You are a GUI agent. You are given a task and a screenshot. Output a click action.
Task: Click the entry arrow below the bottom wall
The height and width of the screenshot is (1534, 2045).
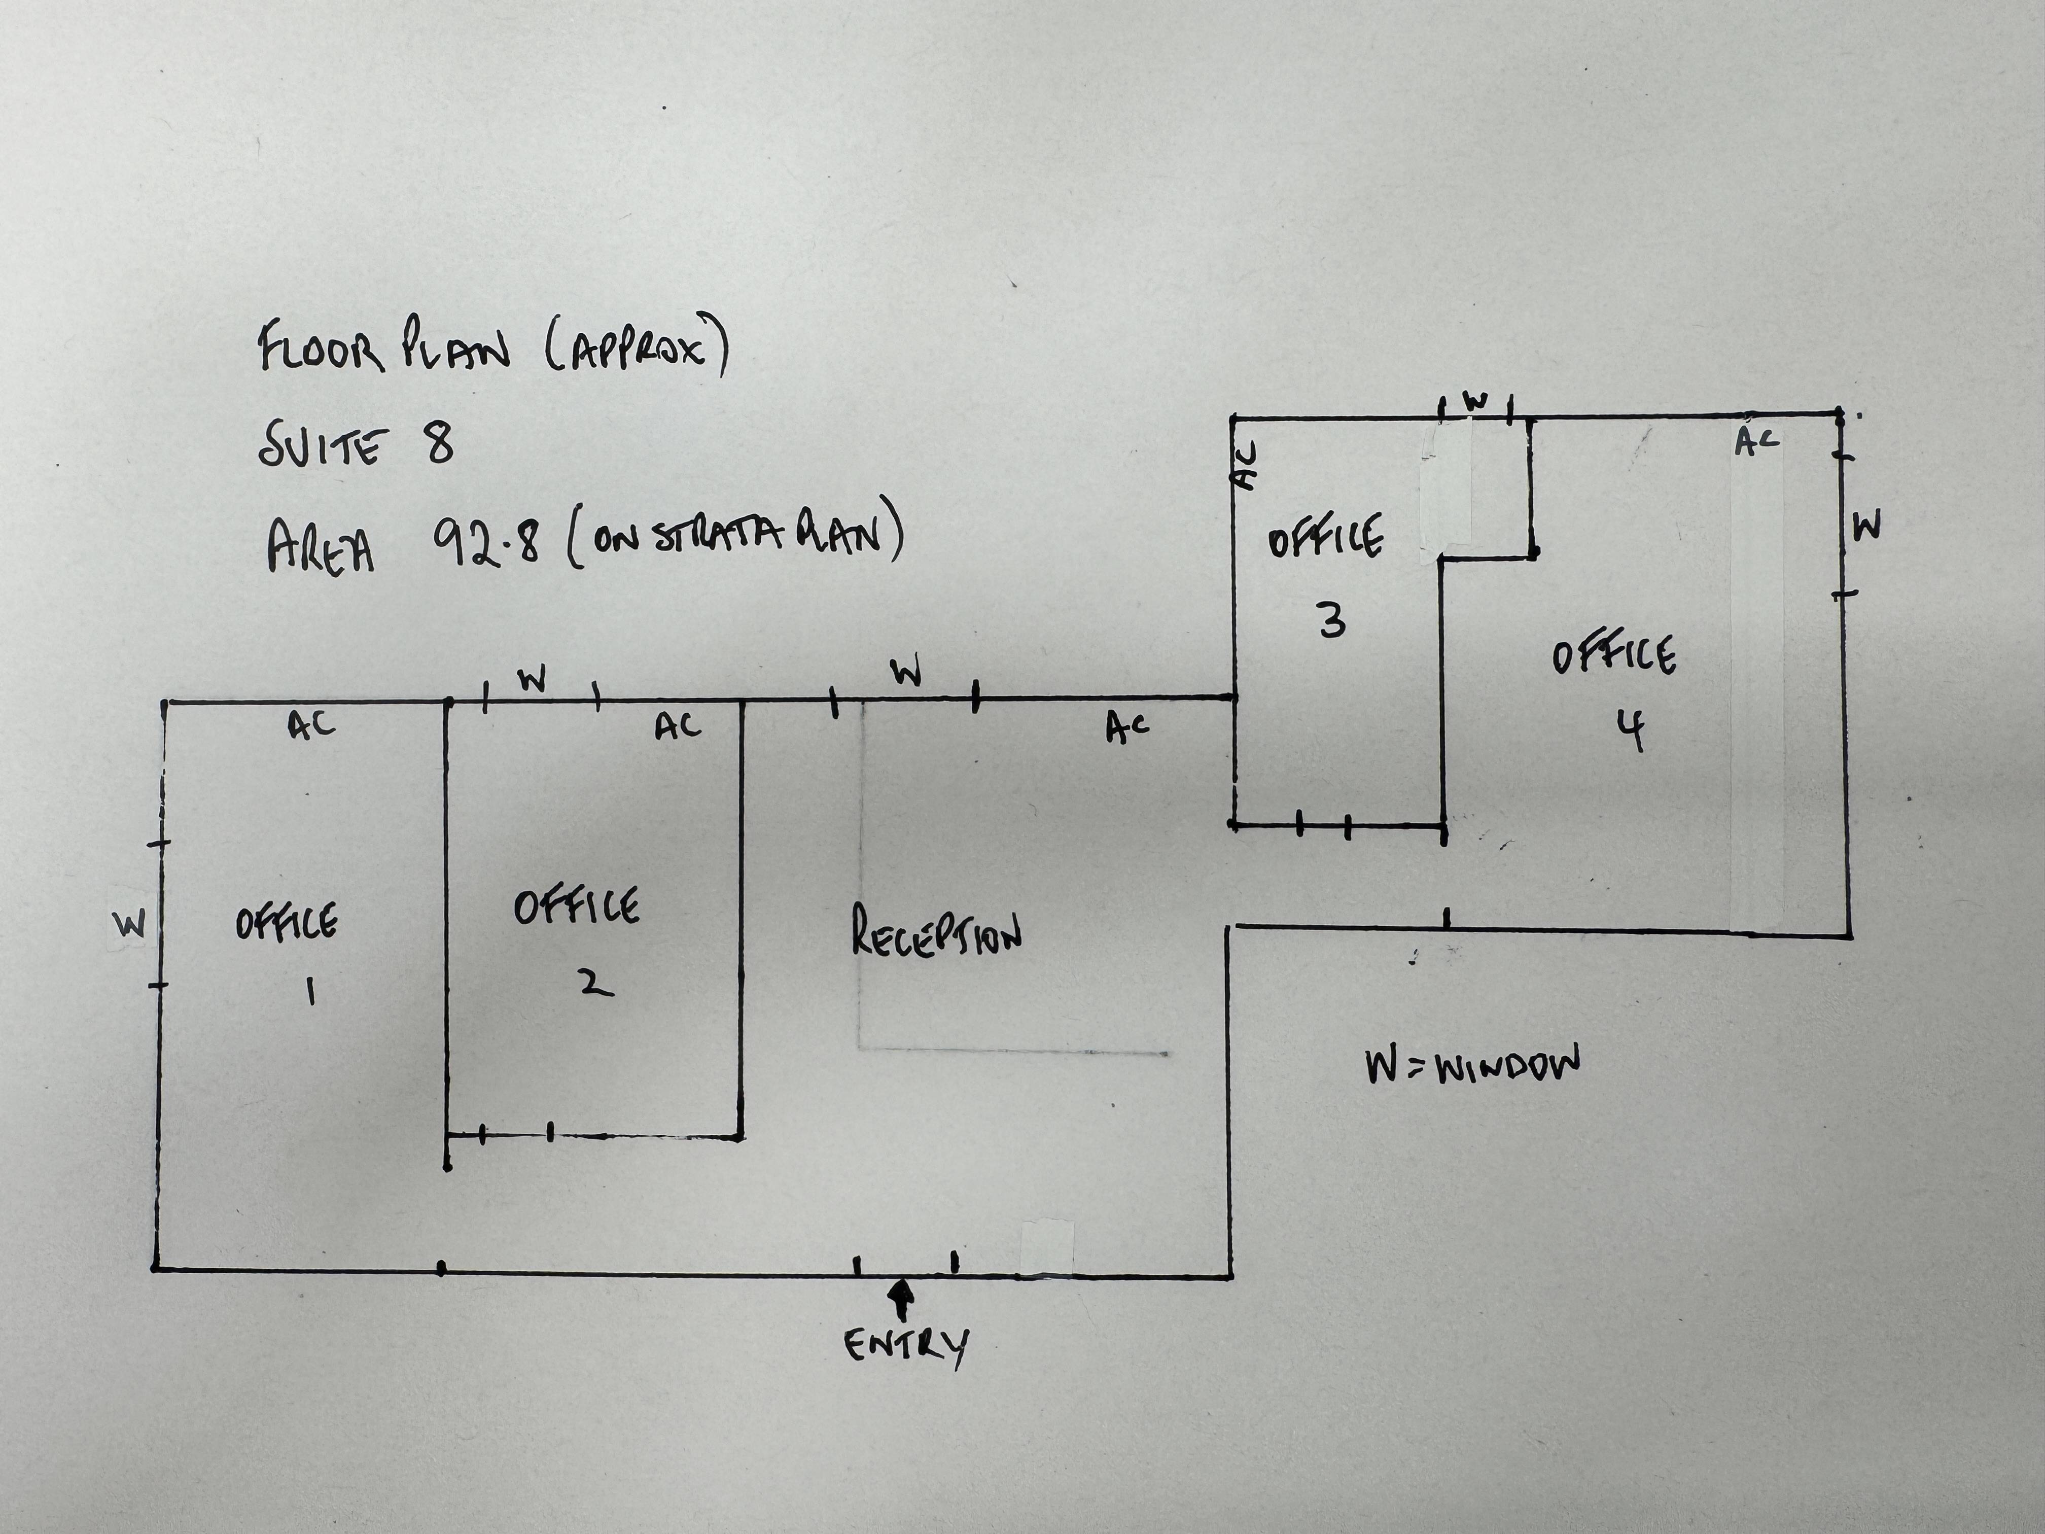tap(901, 1299)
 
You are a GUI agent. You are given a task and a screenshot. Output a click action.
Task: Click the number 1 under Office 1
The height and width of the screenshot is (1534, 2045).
tap(310, 992)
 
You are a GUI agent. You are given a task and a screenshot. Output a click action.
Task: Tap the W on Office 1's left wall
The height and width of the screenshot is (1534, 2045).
tap(129, 925)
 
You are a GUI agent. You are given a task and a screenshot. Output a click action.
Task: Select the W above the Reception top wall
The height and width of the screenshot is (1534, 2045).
tap(906, 672)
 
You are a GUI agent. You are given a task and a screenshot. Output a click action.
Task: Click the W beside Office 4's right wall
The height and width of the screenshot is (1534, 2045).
tap(1866, 527)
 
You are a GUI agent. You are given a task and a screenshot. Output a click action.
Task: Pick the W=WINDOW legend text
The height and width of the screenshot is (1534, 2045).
tap(1472, 1065)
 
